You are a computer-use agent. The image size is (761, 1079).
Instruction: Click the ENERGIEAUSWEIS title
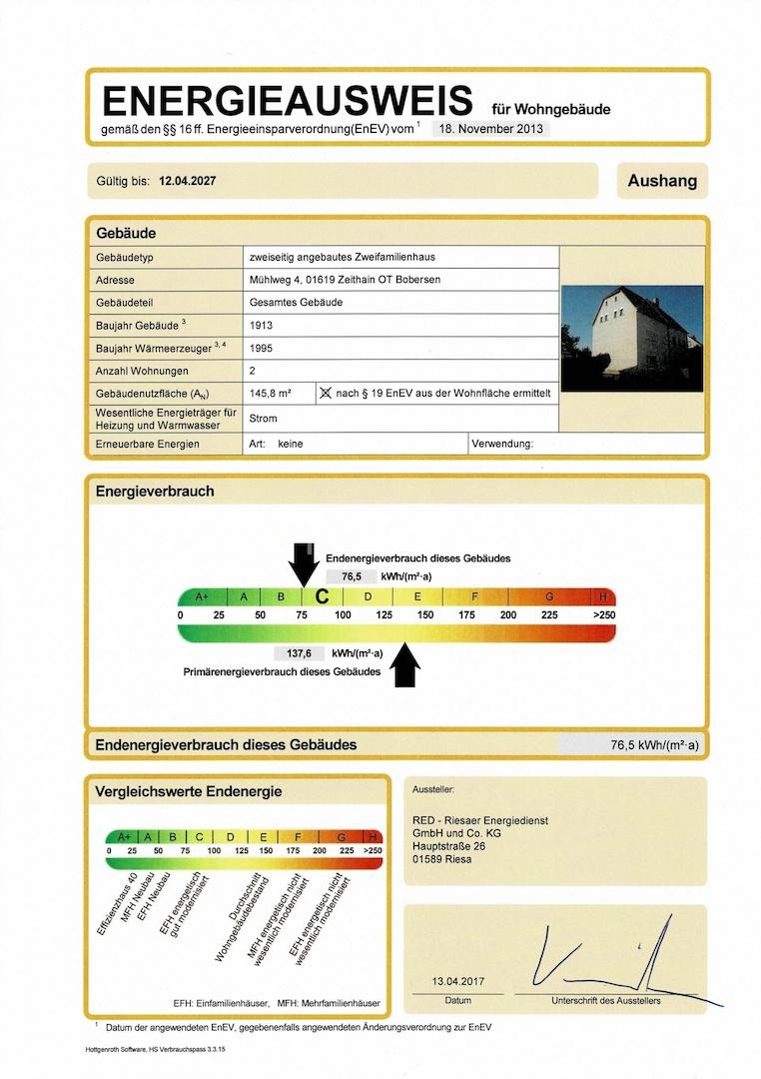click(x=288, y=101)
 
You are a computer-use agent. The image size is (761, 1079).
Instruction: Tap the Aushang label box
click(x=662, y=181)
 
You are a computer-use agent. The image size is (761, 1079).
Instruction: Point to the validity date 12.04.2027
click(x=188, y=182)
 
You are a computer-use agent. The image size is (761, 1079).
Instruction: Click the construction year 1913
click(x=261, y=326)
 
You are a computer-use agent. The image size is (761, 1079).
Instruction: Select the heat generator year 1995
click(x=261, y=349)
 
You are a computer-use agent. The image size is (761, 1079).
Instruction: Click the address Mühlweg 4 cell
click(x=345, y=280)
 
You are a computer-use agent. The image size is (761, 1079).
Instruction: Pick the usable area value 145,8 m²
click(x=270, y=394)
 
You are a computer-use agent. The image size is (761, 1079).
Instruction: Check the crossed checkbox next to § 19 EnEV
click(x=325, y=394)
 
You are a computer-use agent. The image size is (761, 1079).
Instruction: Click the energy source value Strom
click(x=264, y=419)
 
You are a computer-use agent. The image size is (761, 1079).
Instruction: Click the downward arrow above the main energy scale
click(x=304, y=564)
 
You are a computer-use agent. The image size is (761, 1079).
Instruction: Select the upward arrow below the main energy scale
click(x=404, y=664)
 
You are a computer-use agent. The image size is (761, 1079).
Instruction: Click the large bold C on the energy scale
click(x=322, y=596)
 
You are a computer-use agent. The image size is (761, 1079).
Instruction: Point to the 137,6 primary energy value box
click(x=300, y=653)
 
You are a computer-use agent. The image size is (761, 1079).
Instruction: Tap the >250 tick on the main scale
click(x=603, y=614)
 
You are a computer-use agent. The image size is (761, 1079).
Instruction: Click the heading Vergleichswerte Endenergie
click(x=189, y=791)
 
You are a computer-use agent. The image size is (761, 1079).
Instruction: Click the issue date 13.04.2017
click(x=458, y=982)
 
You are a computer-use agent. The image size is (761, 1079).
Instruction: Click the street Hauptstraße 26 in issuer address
click(x=450, y=845)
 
